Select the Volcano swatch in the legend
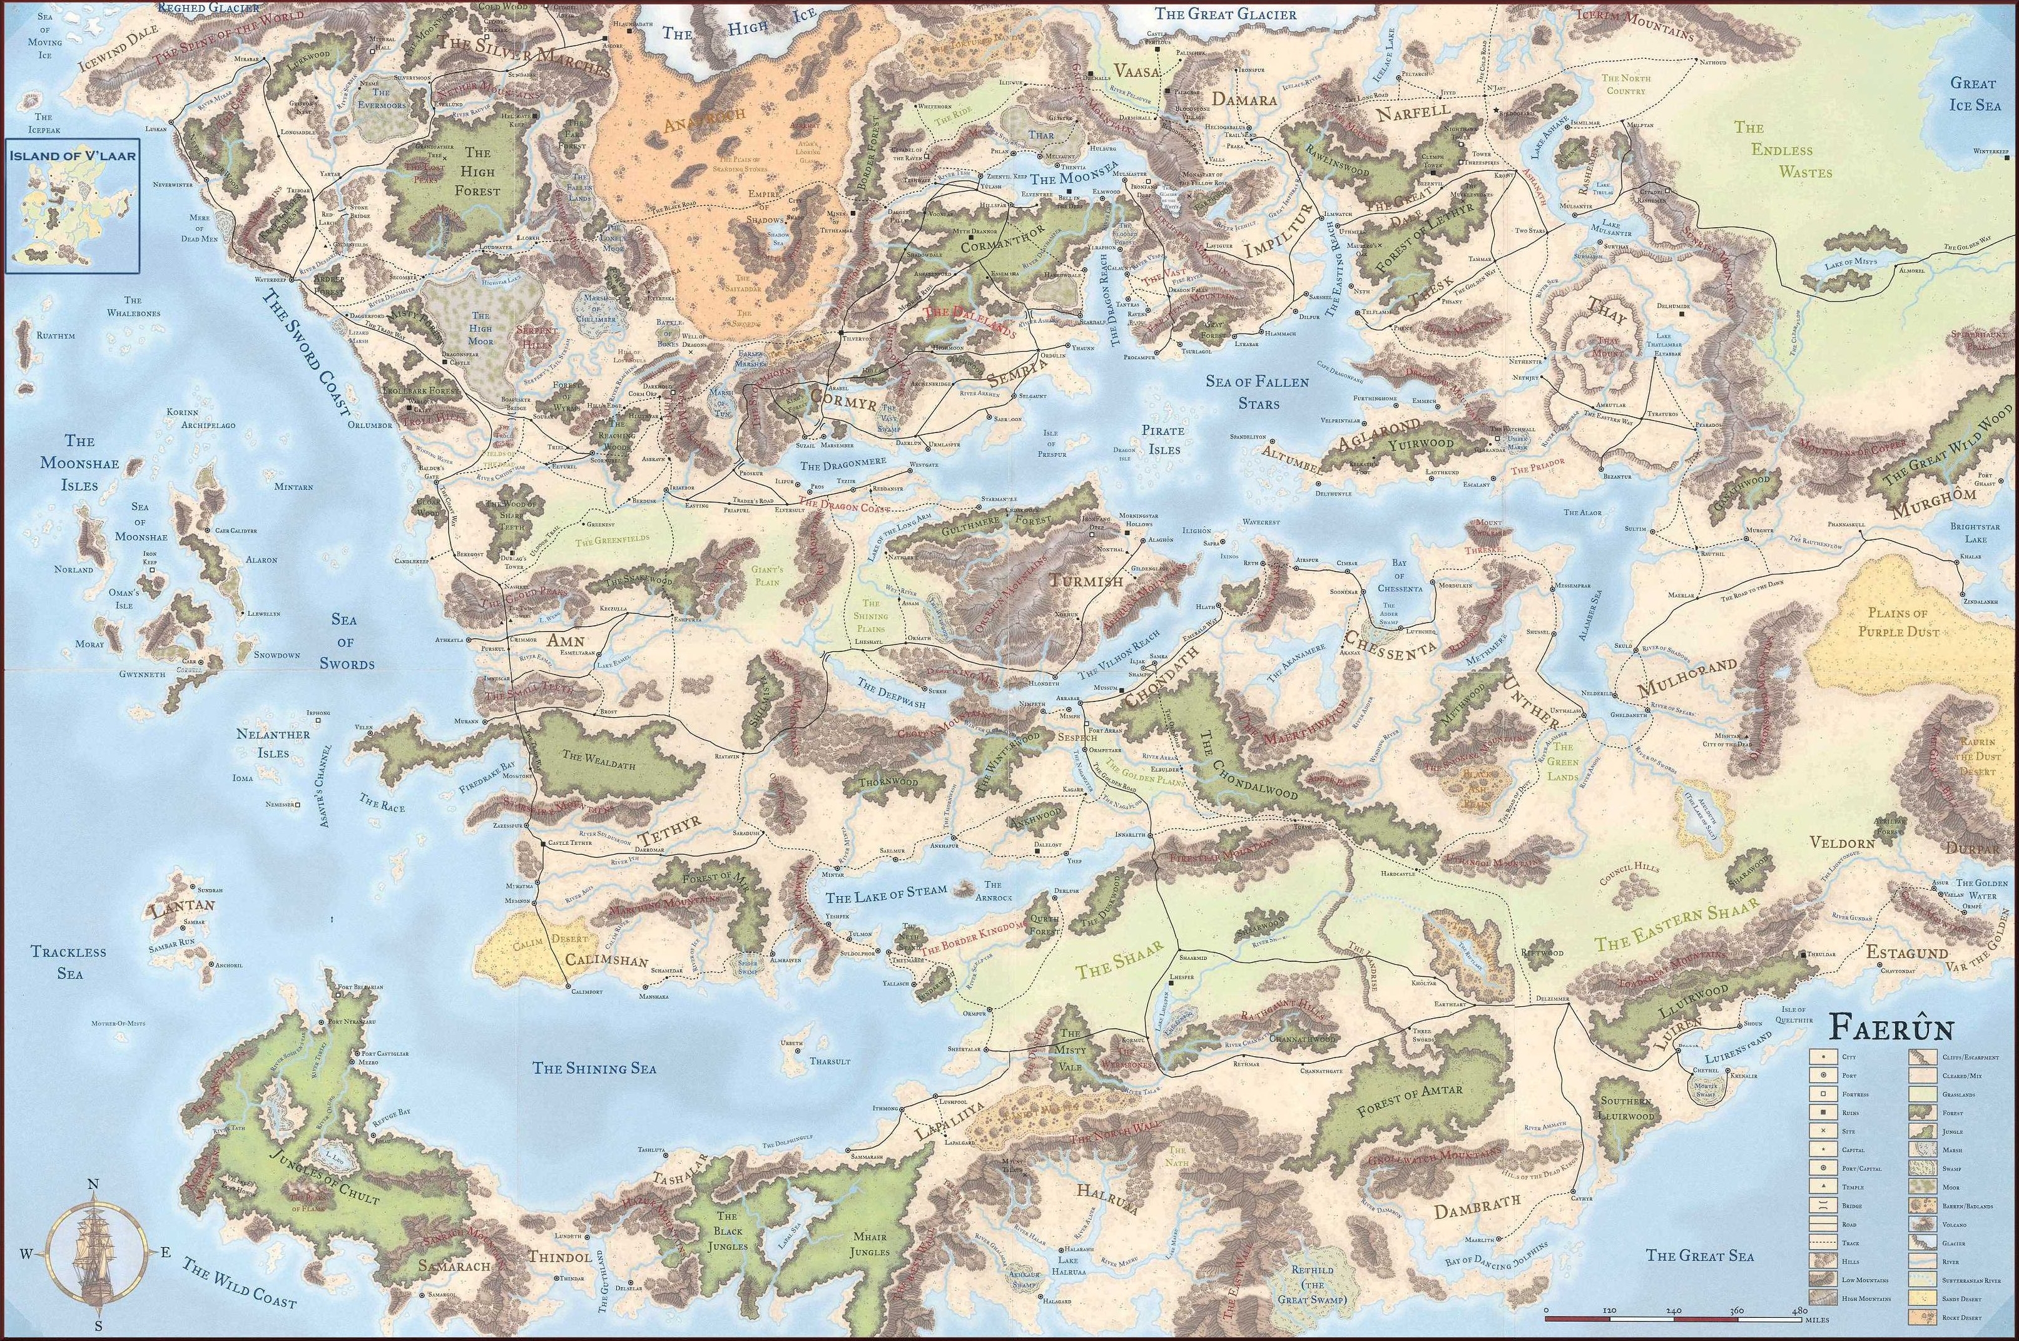tap(1923, 1224)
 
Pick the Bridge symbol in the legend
tap(1823, 1205)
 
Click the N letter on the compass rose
tap(93, 1184)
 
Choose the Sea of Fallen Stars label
tap(1257, 391)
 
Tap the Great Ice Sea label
tap(1973, 94)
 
